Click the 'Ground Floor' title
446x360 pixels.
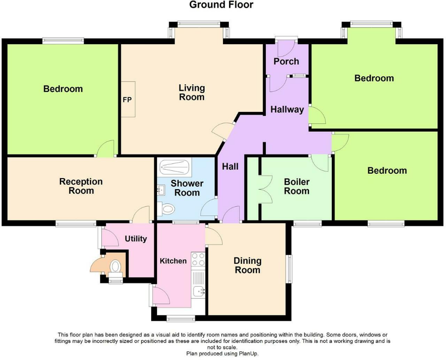pos(221,5)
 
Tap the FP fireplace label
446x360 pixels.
pos(127,99)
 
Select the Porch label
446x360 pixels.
pos(286,61)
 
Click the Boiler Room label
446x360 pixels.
pos(296,186)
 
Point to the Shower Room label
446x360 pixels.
pos(187,188)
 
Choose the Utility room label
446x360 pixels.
pos(136,238)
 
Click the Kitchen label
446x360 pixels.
pos(173,261)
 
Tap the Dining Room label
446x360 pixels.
pos(248,265)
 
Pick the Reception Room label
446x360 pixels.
pos(81,186)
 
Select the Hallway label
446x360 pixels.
pos(287,110)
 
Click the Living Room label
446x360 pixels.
pos(192,93)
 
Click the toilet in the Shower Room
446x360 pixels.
pos(167,209)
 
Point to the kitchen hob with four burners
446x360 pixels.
pos(198,260)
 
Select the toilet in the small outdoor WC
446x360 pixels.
pos(116,266)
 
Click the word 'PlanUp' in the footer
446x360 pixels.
pos(249,354)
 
